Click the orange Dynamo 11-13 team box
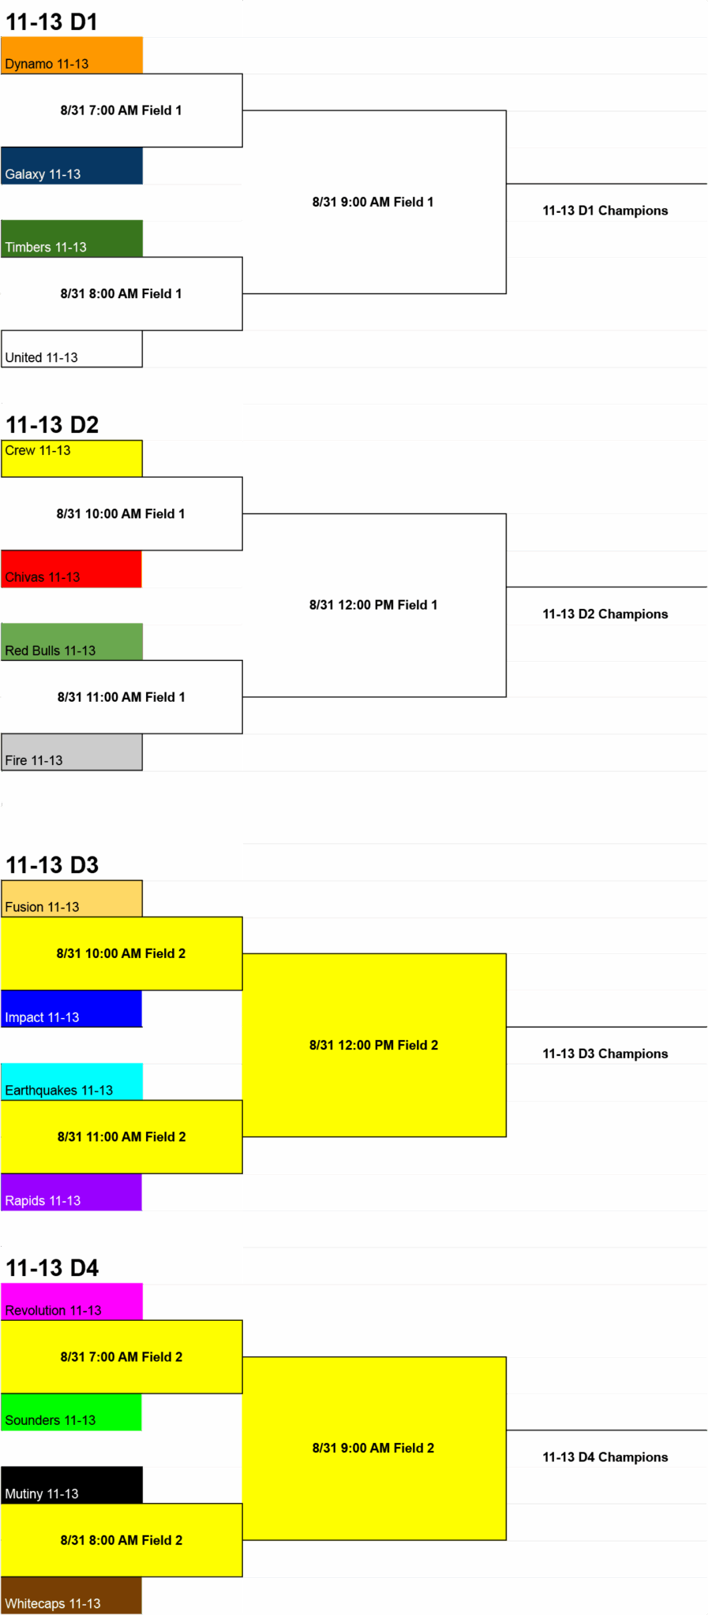[72, 55]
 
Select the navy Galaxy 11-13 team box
[72, 166]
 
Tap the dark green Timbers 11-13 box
[72, 239]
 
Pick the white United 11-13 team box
[72, 349]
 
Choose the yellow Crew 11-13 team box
[72, 458]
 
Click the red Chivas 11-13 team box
[72, 569]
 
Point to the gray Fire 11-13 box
[72, 752]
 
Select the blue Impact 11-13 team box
[72, 1009]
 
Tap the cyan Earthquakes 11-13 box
[72, 1082]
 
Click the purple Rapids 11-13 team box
[72, 1192]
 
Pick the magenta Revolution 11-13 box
[72, 1302]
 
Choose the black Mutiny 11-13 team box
[72, 1485]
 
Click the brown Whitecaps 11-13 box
[72, 1595]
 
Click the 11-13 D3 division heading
[52, 865]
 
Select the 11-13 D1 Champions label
[605, 211]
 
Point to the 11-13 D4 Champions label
[605, 1457]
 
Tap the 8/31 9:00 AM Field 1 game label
[373, 202]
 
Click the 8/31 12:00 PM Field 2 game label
[373, 1045]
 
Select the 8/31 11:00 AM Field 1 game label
[122, 697]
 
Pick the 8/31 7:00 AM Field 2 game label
[122, 1357]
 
